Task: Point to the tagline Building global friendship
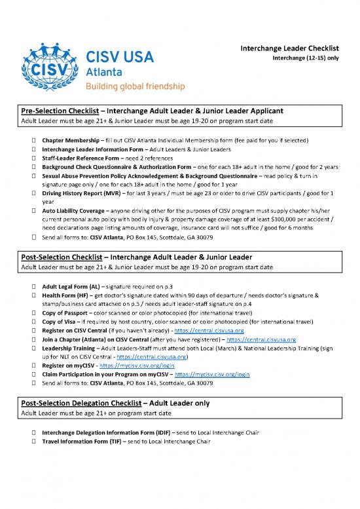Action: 136,86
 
